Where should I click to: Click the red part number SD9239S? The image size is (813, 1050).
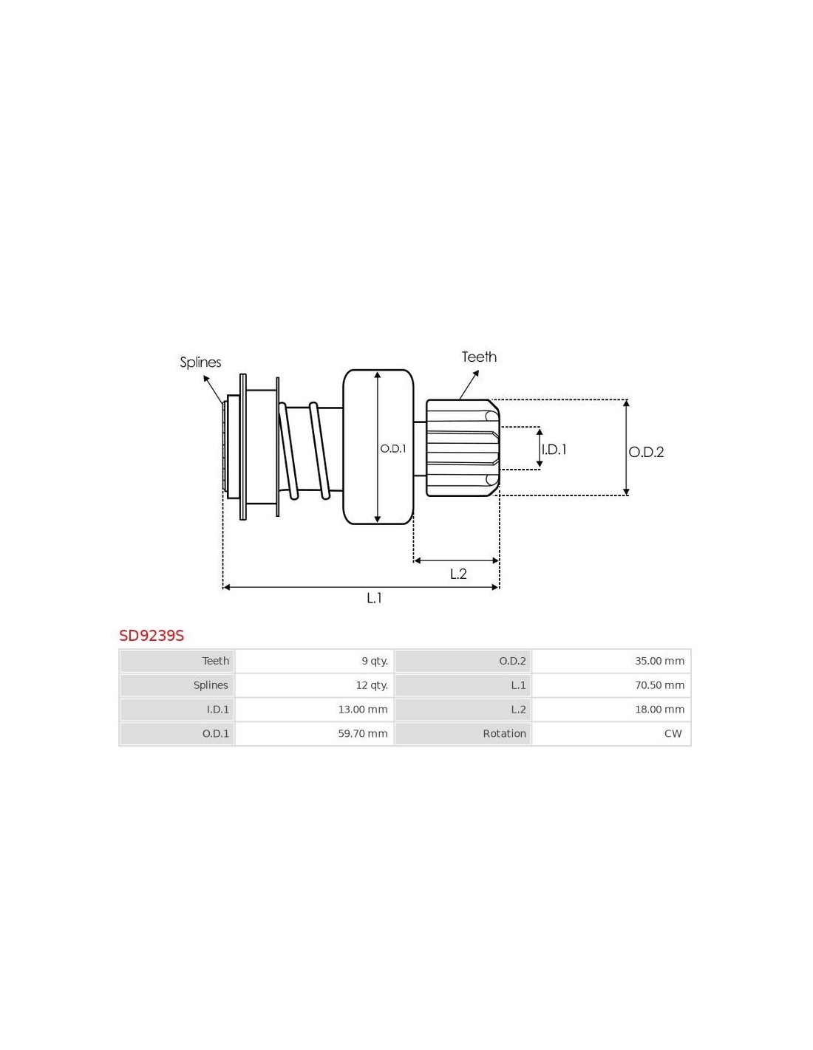coord(152,635)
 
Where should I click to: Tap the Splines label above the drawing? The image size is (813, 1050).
coord(200,363)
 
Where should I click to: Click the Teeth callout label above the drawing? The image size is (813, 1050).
coord(479,357)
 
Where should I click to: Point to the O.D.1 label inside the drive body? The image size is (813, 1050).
coord(392,448)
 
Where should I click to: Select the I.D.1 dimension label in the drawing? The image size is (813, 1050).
coord(554,450)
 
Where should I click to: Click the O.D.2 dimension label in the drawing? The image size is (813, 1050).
coord(646,452)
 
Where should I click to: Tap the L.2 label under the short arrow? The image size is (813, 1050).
coord(458,574)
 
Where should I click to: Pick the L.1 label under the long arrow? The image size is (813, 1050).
coord(374,597)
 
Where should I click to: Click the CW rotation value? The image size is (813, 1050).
coord(673,733)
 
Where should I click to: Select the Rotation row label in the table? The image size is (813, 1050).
coord(504,733)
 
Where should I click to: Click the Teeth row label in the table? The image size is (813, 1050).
coord(216,661)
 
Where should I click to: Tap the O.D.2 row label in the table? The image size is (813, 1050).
coord(512,661)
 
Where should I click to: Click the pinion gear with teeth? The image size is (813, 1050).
coord(463,447)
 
